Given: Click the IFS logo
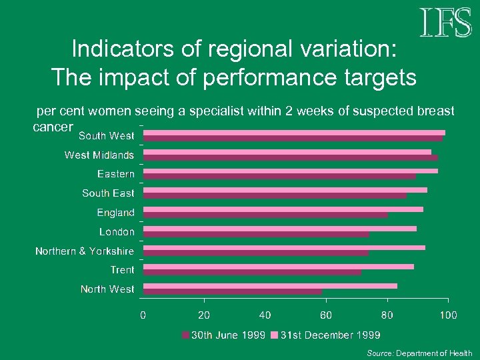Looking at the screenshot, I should coord(445,23).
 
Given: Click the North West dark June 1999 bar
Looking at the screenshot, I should coord(233,291).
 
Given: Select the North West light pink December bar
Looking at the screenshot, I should coord(270,286).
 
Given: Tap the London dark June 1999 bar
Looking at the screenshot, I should coord(257,234).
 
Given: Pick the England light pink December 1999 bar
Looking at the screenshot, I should coord(283,209).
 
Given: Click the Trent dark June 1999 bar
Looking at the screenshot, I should coord(252,272).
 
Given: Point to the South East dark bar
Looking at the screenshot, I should coord(275,196).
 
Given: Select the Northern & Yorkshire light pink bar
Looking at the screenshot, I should coord(284,247).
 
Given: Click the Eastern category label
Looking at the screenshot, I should coord(115,174).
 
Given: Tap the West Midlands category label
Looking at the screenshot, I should coord(99,155).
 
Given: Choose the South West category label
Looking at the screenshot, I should coord(106,136).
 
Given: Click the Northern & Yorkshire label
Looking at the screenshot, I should coord(84,251).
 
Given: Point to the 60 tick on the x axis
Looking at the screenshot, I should coord(326,315).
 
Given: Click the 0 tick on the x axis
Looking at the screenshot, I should coord(143,315).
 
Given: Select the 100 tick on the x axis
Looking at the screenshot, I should coord(448,315).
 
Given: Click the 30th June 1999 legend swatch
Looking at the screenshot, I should coord(186,335).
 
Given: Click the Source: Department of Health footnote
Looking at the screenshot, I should coord(419,353).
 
